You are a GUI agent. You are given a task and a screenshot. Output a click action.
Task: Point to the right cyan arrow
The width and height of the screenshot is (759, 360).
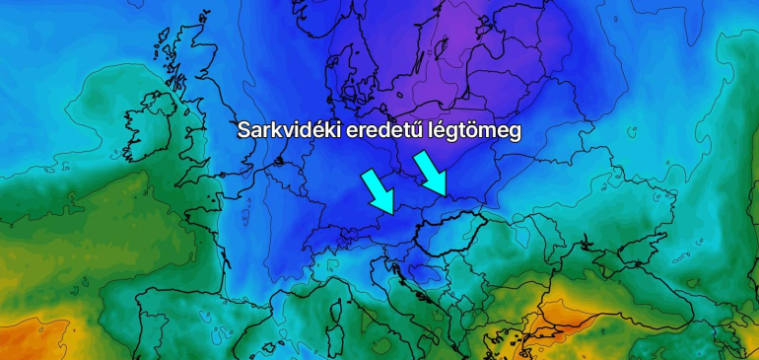pyautogui.click(x=432, y=174)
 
